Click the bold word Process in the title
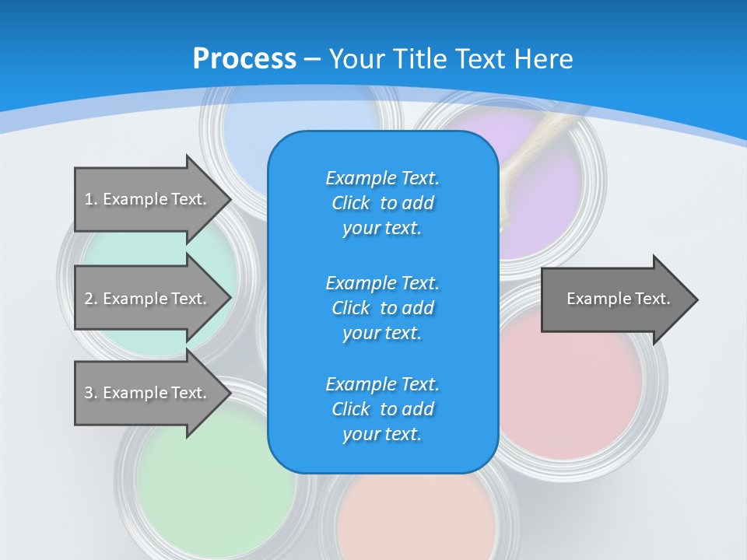point(244,59)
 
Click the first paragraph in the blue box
point(382,203)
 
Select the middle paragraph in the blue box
point(382,307)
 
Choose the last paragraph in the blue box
point(382,409)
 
